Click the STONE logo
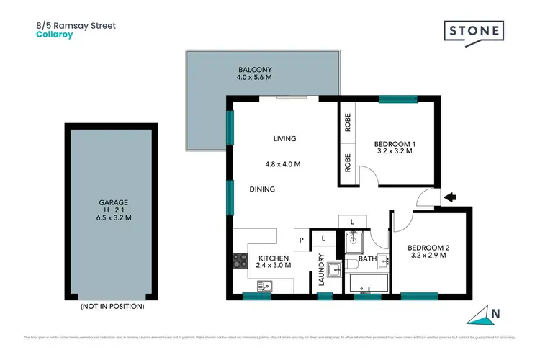[473, 32]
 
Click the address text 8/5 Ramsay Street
[76, 25]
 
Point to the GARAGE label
[112, 202]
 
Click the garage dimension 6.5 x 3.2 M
[112, 217]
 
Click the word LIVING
[284, 139]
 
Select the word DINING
[261, 189]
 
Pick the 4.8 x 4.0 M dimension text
[282, 164]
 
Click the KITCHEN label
[274, 258]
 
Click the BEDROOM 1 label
[395, 145]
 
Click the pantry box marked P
[301, 238]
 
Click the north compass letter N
[494, 313]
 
